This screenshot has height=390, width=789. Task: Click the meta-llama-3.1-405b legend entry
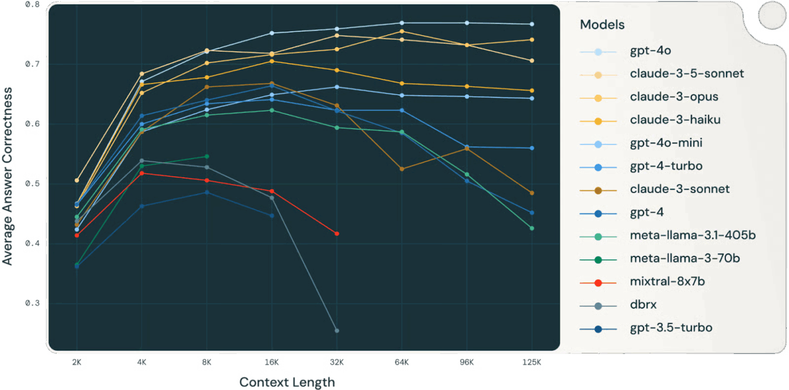coord(693,235)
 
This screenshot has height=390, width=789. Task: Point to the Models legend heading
coord(602,25)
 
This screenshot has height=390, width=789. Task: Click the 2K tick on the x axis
coord(77,362)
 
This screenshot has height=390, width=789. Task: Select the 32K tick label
coord(337,362)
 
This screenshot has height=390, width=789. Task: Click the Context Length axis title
coord(287,382)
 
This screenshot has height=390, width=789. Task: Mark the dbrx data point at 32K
coord(337,330)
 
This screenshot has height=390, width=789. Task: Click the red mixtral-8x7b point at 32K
coord(337,233)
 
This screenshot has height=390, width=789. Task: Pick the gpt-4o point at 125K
coord(531,24)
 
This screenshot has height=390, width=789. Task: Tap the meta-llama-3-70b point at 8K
coord(207,157)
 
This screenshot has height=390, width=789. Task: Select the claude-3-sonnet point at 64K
coord(402,169)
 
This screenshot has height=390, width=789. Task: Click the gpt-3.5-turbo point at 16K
coord(272,216)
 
